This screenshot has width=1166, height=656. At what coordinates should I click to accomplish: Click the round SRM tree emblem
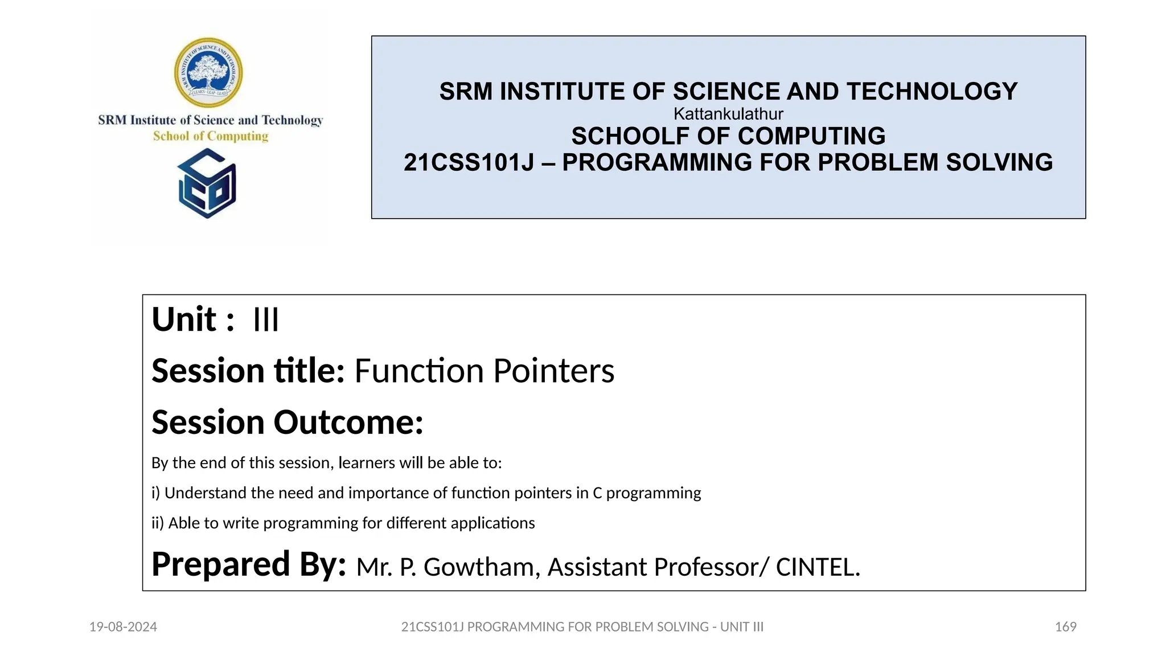click(208, 73)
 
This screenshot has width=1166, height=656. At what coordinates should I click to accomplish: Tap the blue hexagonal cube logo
click(207, 183)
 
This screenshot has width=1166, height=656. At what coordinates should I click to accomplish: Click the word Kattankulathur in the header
click(728, 114)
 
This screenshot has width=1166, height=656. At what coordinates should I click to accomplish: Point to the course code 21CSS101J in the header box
click(469, 163)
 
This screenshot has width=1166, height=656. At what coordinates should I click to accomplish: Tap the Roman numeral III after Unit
click(266, 319)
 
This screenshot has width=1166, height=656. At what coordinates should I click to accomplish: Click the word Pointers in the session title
click(553, 371)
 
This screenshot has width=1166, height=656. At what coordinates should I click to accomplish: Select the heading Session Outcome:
click(288, 423)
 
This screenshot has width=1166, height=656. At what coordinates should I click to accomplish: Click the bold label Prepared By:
click(249, 564)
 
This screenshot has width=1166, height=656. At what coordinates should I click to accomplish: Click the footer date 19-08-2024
click(123, 627)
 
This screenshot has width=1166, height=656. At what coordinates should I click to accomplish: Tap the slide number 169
click(1065, 627)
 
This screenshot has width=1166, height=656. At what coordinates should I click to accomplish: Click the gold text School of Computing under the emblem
click(211, 136)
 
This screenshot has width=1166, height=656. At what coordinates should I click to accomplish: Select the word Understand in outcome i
click(206, 493)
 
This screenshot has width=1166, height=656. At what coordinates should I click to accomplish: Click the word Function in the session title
click(419, 371)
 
